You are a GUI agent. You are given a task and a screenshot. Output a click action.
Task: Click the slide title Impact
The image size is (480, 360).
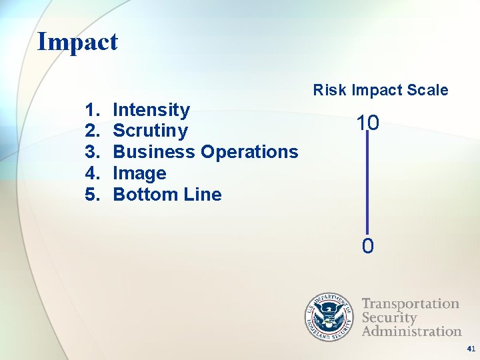point(77,42)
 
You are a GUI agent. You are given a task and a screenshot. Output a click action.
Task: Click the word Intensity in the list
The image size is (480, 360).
point(151,109)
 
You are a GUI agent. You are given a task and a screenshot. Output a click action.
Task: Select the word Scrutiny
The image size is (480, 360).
point(151,131)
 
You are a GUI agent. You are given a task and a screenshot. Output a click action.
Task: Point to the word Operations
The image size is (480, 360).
point(249,152)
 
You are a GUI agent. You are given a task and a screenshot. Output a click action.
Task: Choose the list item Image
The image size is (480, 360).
point(139,173)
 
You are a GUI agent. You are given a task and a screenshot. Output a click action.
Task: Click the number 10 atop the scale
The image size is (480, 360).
point(367,123)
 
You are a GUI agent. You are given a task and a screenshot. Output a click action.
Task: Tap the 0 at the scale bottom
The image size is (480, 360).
point(367,246)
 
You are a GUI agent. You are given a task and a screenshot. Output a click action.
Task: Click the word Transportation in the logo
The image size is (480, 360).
point(410,304)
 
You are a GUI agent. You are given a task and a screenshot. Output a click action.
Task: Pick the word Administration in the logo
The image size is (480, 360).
point(411,331)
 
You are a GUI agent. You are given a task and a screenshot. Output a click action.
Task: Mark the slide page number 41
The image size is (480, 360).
point(471,349)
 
